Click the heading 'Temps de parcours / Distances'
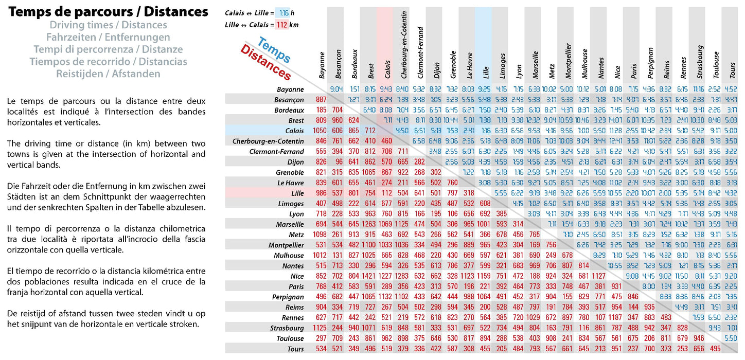pyautogui.click(x=108, y=12)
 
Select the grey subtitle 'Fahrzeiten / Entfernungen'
pyautogui.click(x=108, y=37)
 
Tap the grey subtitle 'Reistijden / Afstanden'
pyautogui.click(x=108, y=74)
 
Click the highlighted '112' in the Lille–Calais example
pyautogui.click(x=282, y=25)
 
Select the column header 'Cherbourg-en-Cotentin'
pyautogui.click(x=404, y=45)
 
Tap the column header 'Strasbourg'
pyautogui.click(x=700, y=62)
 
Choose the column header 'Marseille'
pyautogui.click(x=535, y=65)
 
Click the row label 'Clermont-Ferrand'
pyautogui.click(x=277, y=152)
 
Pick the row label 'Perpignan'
pyautogui.click(x=288, y=297)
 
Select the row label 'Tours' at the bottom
pyautogui.click(x=296, y=349)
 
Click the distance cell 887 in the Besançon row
pyautogui.click(x=321, y=99)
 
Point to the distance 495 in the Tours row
pyautogui.click(x=715, y=349)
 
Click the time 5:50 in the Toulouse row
pyautogui.click(x=731, y=338)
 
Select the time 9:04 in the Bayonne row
pyautogui.click(x=336, y=89)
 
